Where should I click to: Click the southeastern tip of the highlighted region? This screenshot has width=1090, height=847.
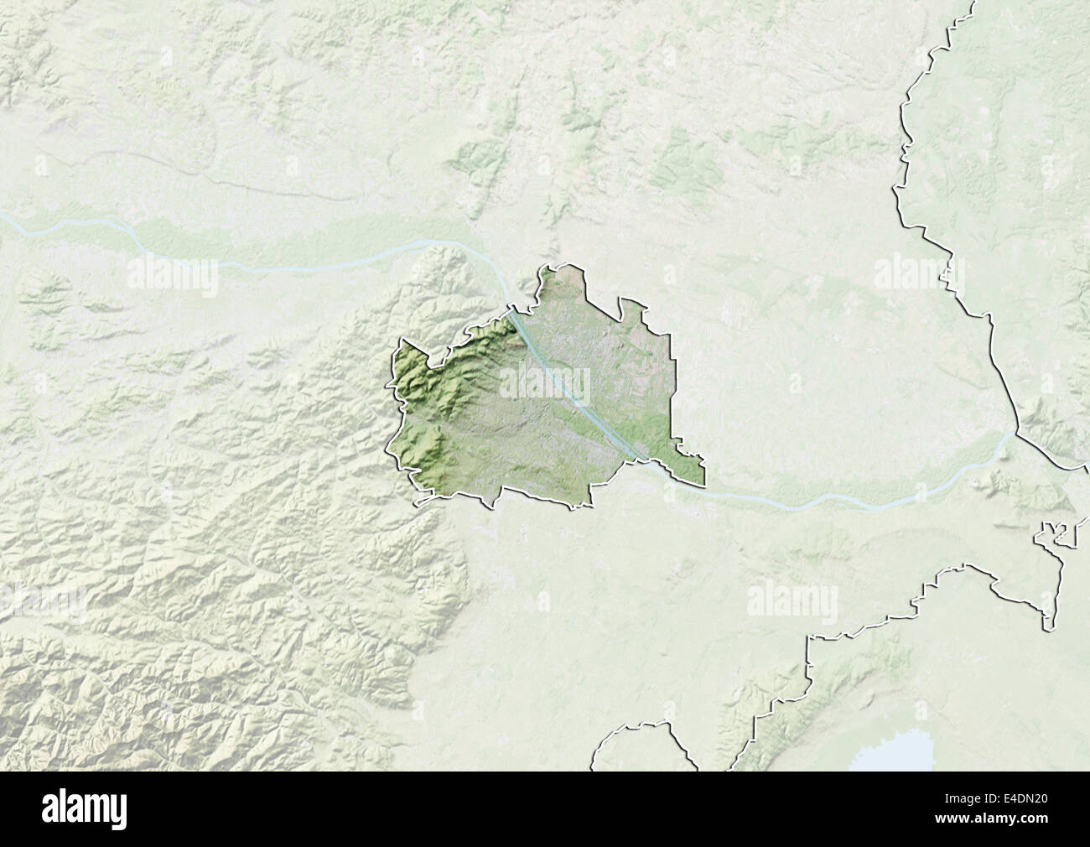click(x=703, y=484)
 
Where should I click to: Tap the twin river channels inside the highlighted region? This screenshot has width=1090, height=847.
click(x=570, y=386)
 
